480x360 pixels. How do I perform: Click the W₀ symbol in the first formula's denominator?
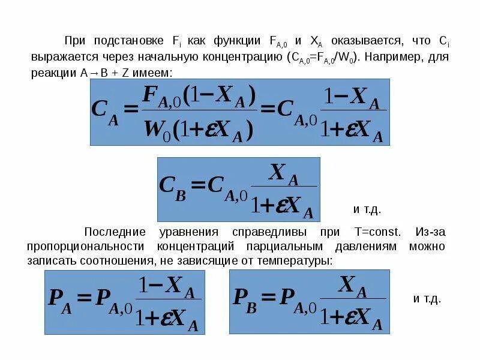158,131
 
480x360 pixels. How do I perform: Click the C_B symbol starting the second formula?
174,185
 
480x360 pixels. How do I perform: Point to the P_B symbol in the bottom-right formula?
244,298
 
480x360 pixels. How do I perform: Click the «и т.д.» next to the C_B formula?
367,209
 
